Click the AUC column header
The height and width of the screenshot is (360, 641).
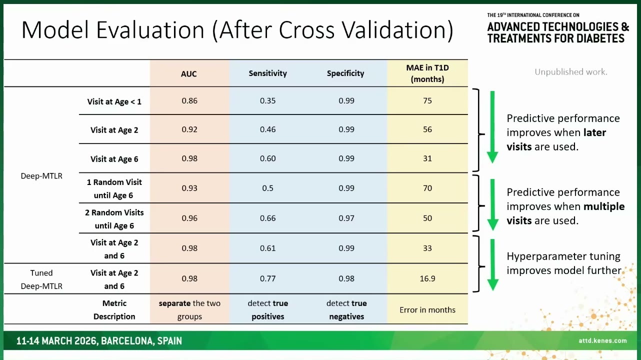(189, 74)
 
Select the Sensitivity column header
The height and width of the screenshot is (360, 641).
(268, 73)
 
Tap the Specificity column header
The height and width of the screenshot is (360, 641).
(345, 73)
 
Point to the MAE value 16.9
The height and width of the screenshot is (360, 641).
(427, 278)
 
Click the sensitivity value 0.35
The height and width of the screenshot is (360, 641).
(268, 100)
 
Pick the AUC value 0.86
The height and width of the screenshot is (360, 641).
(189, 100)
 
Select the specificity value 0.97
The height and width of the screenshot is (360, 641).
(346, 218)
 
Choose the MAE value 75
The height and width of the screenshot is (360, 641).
(427, 100)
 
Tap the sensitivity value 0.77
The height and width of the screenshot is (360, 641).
(268, 278)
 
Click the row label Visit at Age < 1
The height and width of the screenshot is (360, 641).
(114, 102)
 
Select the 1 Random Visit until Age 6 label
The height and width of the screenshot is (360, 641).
(114, 189)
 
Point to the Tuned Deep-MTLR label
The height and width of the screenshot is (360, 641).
(41, 279)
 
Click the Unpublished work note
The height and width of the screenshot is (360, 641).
(571, 72)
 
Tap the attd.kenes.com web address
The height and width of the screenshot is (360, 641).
(602, 340)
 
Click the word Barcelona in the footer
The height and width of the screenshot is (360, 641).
(127, 341)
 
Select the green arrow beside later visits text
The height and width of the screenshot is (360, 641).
(492, 127)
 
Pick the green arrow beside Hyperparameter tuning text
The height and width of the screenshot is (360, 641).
(492, 265)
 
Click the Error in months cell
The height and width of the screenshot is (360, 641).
(427, 310)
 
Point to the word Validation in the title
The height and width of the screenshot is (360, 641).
(398, 30)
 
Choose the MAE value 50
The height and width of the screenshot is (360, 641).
(427, 218)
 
